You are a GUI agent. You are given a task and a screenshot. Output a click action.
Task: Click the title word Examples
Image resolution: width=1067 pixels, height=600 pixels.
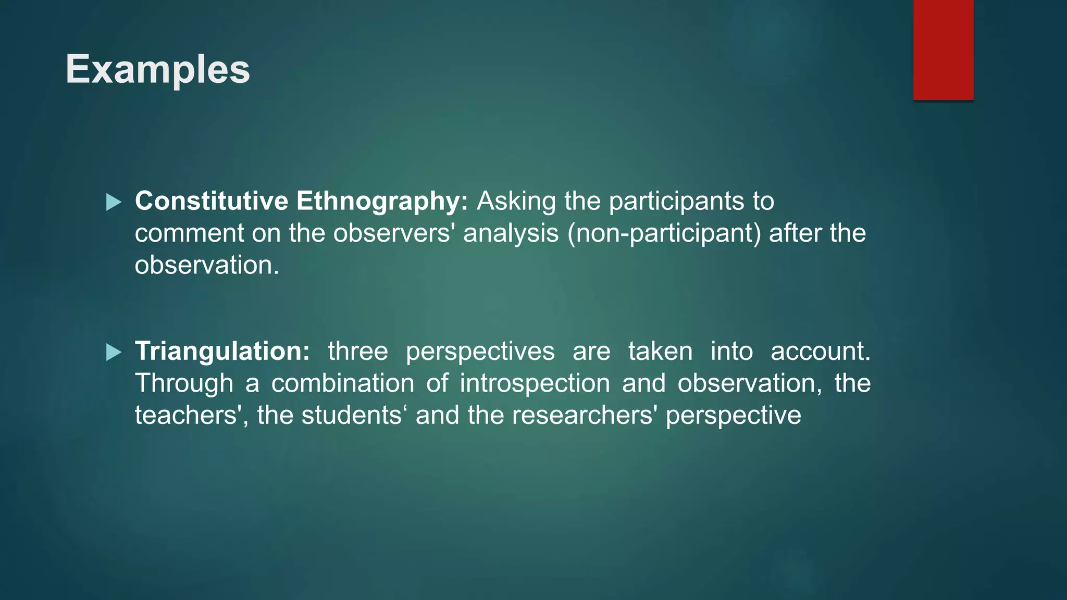(157, 69)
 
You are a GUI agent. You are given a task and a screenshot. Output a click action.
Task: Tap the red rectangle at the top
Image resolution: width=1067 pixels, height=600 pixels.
(943, 49)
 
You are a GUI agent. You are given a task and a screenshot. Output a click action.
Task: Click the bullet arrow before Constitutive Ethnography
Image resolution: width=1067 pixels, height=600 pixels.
(114, 202)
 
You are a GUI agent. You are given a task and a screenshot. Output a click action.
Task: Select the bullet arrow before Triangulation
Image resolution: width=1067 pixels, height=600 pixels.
(114, 352)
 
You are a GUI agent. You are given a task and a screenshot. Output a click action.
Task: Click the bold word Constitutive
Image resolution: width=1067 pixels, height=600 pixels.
(211, 201)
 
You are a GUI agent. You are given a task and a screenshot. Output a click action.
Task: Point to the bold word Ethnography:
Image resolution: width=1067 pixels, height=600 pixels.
(382, 201)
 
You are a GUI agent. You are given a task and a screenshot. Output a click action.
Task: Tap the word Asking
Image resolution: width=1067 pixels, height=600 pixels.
(516, 201)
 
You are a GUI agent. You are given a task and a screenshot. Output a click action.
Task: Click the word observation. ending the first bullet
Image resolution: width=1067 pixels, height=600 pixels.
(207, 265)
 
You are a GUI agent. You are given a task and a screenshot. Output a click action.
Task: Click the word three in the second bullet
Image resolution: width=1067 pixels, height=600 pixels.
(358, 351)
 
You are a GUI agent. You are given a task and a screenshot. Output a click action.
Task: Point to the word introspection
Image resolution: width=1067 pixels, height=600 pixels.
(535, 383)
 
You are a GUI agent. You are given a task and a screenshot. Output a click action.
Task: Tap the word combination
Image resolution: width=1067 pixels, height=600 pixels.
(342, 383)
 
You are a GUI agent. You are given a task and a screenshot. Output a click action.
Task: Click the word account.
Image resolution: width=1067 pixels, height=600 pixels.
(820, 351)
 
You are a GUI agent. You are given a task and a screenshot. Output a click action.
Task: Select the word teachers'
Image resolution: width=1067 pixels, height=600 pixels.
(189, 415)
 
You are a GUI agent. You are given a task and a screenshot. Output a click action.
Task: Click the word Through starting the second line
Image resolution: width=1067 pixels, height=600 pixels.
(184, 383)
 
